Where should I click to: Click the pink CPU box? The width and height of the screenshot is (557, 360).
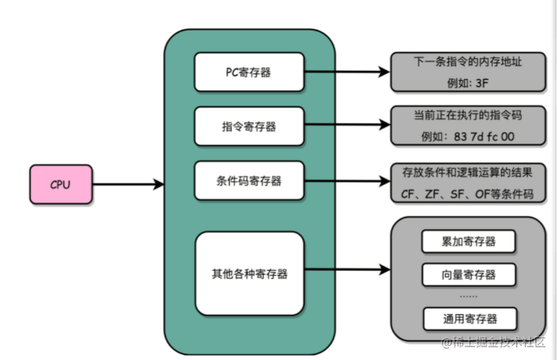pos(61,185)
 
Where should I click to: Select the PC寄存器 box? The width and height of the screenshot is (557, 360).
pos(249,72)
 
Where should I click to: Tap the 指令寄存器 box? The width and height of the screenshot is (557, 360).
pos(249,127)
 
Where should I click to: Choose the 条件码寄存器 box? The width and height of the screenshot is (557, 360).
pos(249,181)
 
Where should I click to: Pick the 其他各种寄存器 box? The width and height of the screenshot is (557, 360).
pos(249,274)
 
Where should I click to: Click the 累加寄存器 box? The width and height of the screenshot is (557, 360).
pos(469,242)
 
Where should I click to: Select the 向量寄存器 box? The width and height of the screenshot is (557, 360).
pos(469,274)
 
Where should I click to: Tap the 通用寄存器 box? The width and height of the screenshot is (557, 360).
pos(469,318)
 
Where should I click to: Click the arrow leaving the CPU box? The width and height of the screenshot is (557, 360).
pos(127,185)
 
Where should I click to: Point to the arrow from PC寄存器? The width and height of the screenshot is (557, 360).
pos(347,72)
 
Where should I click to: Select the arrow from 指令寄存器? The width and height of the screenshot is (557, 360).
pos(347,127)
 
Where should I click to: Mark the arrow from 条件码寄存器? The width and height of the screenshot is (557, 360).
pos(347,181)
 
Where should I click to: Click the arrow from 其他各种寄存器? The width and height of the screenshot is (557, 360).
pos(347,270)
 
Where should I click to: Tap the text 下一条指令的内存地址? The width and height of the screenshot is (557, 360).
pos(469,62)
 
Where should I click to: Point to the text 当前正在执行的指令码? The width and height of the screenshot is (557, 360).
pos(469,115)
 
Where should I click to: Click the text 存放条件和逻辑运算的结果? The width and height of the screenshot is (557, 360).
pos(469,172)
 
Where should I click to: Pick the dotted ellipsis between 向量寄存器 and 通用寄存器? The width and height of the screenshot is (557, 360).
pos(469,296)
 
